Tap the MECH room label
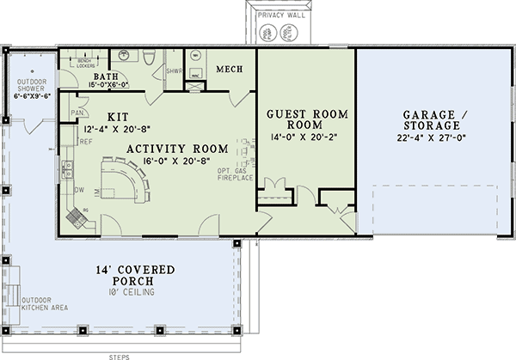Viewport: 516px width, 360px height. pos(230,69)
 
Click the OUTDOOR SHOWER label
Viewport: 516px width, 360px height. pos(32,87)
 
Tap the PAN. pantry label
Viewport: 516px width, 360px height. pos(77,113)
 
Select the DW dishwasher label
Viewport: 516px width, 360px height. pos(78,191)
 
